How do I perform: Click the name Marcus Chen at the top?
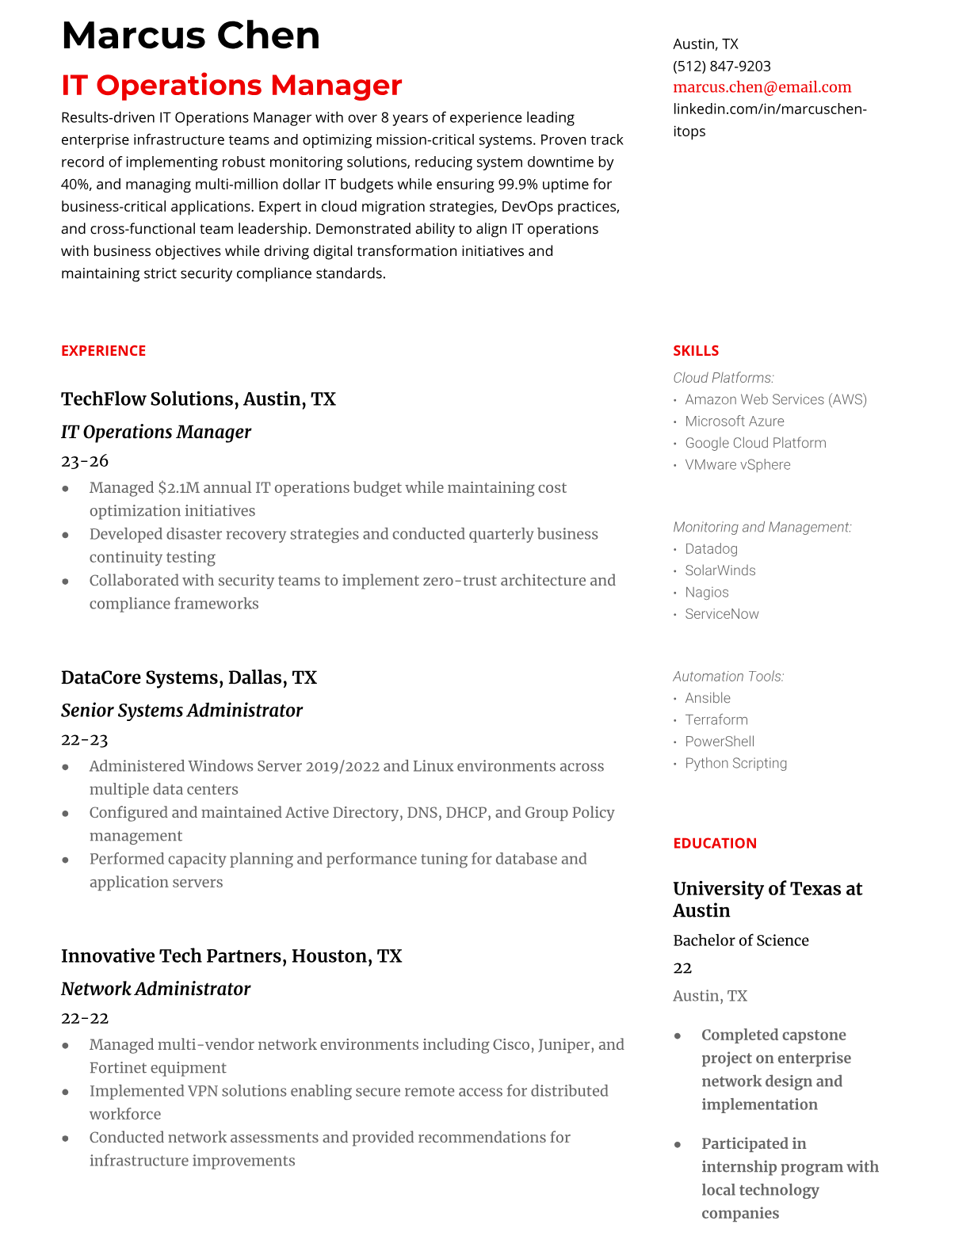click(x=190, y=36)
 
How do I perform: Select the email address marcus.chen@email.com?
click(x=762, y=87)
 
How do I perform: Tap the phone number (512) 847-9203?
click(x=721, y=66)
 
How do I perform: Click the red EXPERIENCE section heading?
click(x=103, y=350)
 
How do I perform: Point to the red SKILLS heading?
click(x=695, y=350)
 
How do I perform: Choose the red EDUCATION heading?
click(x=714, y=843)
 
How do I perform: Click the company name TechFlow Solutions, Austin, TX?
click(x=198, y=399)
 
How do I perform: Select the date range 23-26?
click(x=84, y=461)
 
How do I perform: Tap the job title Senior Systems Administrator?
click(x=181, y=710)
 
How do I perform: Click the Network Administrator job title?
click(x=155, y=989)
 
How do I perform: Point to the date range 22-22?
click(x=84, y=1018)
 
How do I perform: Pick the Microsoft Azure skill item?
click(x=734, y=422)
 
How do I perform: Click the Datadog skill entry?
click(x=711, y=549)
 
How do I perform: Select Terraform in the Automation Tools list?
click(x=716, y=720)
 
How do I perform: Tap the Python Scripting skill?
click(x=735, y=764)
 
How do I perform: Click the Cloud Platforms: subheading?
click(x=723, y=378)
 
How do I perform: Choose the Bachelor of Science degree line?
click(x=740, y=940)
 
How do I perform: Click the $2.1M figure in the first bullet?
click(x=178, y=488)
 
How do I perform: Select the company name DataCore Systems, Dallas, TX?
click(x=189, y=677)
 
